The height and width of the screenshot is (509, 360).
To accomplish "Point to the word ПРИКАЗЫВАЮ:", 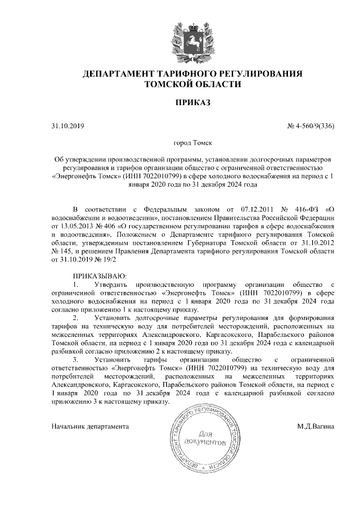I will click(101, 276).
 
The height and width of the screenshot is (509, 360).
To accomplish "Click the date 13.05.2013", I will click(76, 226).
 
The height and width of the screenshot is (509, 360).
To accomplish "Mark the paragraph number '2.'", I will click(76, 317).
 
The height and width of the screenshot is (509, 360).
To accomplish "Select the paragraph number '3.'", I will click(76, 359).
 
